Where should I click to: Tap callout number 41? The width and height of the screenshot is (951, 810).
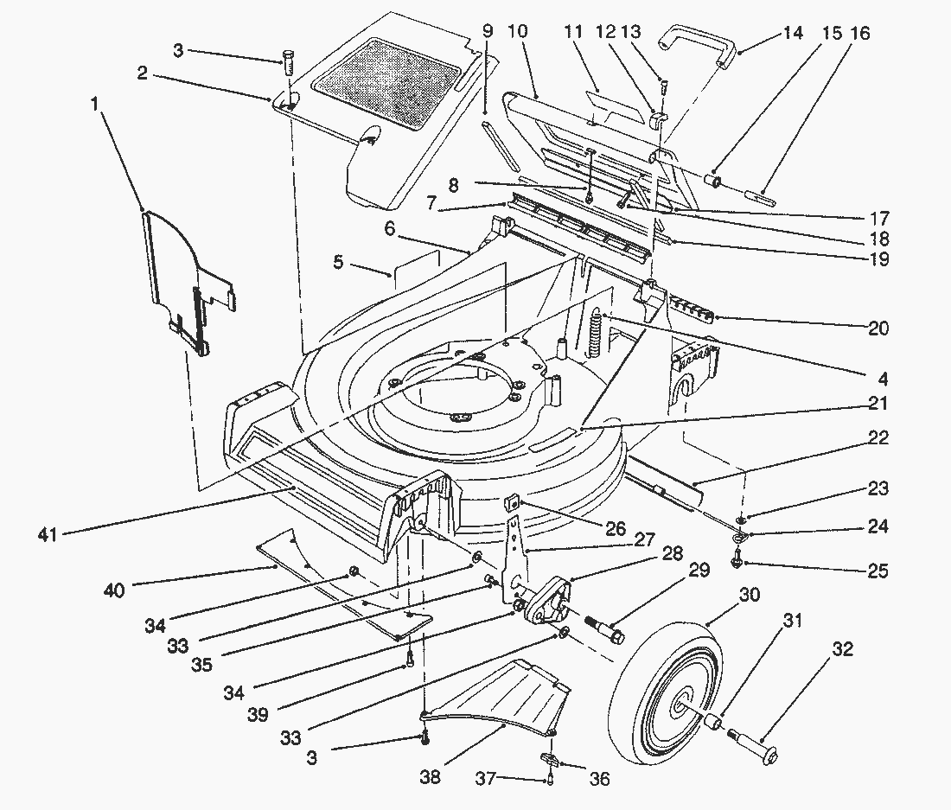(x=48, y=535)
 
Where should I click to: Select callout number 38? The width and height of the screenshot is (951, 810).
(x=430, y=778)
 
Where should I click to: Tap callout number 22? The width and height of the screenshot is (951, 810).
(x=878, y=439)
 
